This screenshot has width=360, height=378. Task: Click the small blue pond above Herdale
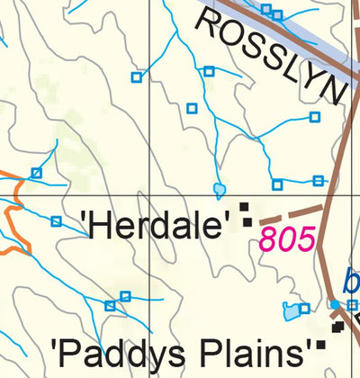pyautogui.click(x=219, y=190)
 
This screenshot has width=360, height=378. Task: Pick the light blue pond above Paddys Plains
pyautogui.click(x=292, y=312)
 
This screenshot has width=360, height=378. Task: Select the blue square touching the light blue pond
pyautogui.click(x=304, y=309)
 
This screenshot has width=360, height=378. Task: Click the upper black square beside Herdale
pyautogui.click(x=244, y=208)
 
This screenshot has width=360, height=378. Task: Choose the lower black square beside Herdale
pyautogui.click(x=247, y=222)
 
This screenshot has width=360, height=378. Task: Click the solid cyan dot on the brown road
pyautogui.click(x=334, y=305)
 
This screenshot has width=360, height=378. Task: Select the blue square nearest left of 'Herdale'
pyautogui.click(x=56, y=221)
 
